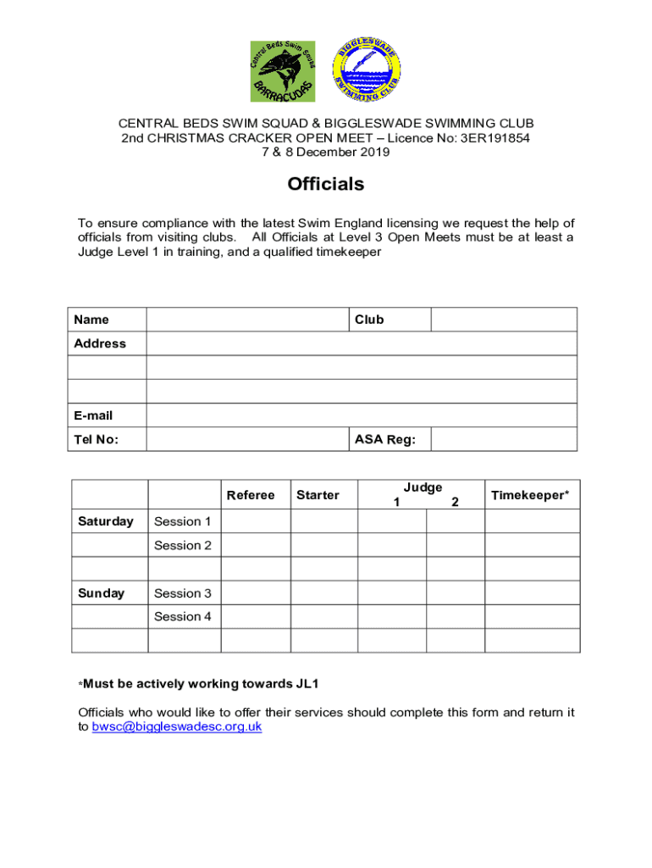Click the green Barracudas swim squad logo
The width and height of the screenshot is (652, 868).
tap(282, 71)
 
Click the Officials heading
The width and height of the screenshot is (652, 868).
tap(326, 184)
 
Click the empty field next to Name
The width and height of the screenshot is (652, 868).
tap(246, 320)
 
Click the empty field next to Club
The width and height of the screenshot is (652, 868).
tap(504, 320)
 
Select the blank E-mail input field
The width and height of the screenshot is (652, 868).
tap(362, 415)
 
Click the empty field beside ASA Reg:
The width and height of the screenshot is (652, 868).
tap(504, 439)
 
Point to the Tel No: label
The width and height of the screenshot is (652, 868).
tap(96, 439)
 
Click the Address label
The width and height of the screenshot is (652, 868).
tap(99, 343)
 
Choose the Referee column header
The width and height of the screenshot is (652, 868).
tap(251, 495)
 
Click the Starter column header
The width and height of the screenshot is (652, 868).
tap(318, 495)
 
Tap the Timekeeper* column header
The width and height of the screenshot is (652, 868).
tap(530, 495)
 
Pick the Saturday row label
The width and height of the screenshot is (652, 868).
tap(106, 521)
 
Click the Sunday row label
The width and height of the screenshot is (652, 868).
tap(101, 593)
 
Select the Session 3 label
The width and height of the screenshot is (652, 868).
tap(183, 593)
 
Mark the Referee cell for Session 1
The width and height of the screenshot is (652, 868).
tap(256, 521)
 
